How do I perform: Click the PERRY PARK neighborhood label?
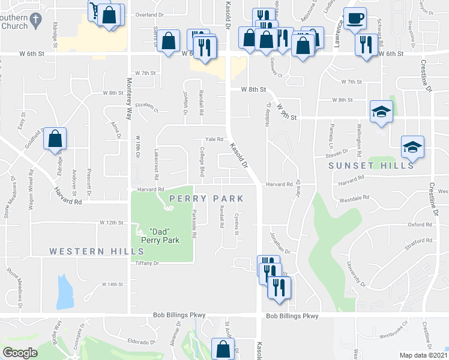pyautogui.click(x=206, y=199)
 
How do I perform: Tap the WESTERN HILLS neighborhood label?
pyautogui.click(x=89, y=251)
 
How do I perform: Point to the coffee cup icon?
pyautogui.click(x=354, y=18)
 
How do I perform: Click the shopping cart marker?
pyautogui.click(x=95, y=10)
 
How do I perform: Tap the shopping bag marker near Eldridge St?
pyautogui.click(x=55, y=139)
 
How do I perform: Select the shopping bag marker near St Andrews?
pyautogui.click(x=223, y=348)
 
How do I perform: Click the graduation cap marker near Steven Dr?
pyautogui.click(x=412, y=146)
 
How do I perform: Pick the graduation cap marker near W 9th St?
pyautogui.click(x=380, y=112)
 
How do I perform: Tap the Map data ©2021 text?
pyautogui.click(x=424, y=355)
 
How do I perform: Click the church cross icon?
pyautogui.click(x=36, y=19)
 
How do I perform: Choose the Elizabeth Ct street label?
pyautogui.click(x=146, y=107)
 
